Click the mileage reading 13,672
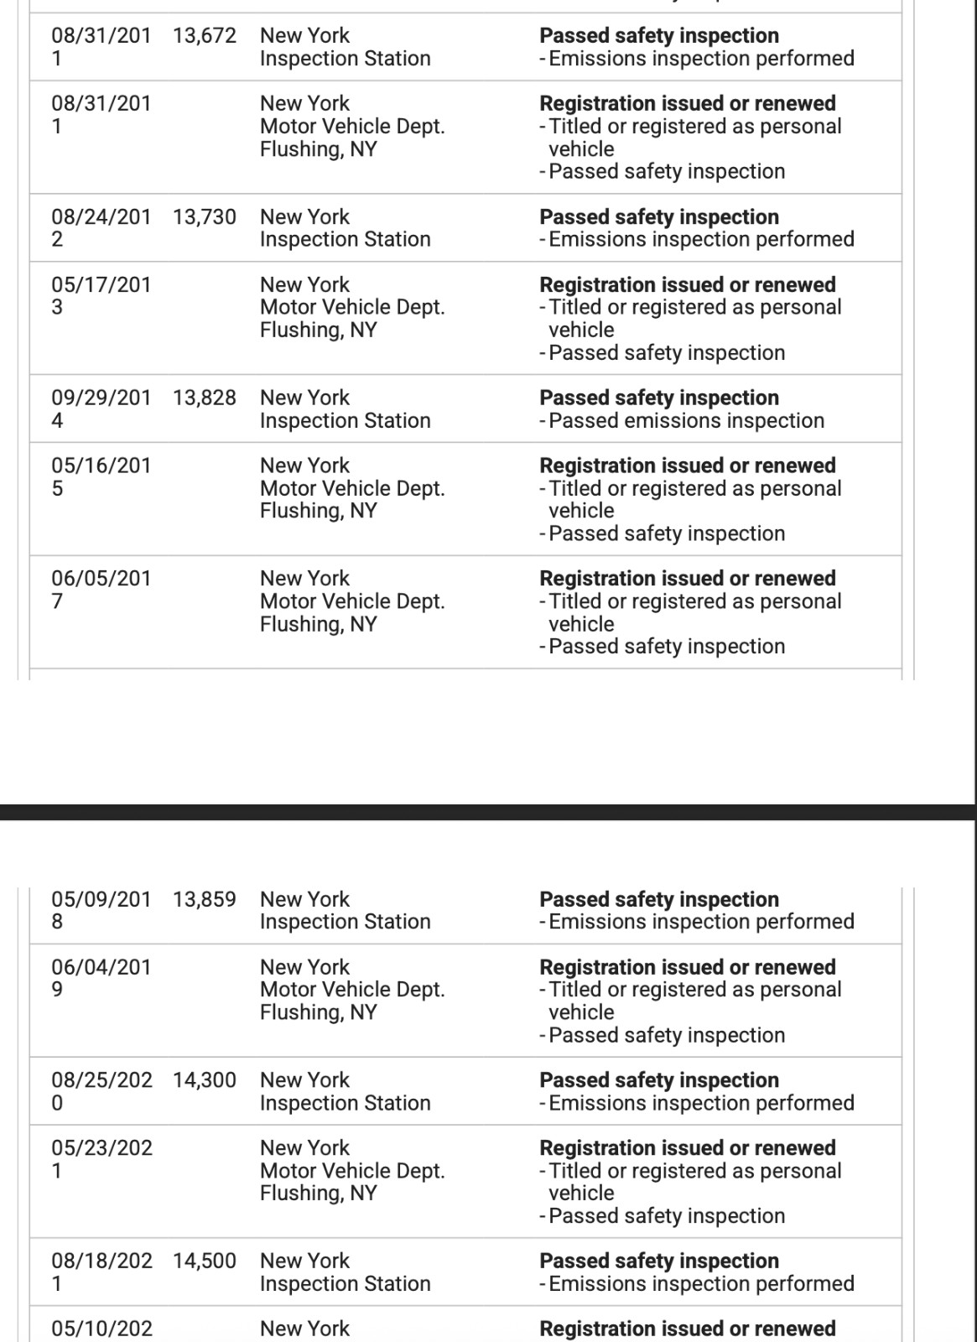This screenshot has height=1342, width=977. click(205, 36)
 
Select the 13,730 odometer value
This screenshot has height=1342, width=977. click(205, 217)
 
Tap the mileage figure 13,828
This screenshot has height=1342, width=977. click(205, 398)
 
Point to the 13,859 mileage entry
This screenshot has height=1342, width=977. click(205, 900)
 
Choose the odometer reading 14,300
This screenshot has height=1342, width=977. click(205, 1080)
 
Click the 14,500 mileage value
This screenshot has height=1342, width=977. click(205, 1261)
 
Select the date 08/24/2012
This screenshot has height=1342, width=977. click(101, 228)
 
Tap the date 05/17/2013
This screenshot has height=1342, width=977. click(101, 296)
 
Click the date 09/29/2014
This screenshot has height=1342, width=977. click(101, 409)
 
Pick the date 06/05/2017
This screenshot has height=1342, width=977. click(101, 590)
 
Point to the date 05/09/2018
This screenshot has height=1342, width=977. click(101, 910)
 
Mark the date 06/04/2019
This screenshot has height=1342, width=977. click(101, 978)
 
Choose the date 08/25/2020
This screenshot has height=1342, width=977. click(101, 1091)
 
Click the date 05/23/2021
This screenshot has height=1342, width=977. click(101, 1159)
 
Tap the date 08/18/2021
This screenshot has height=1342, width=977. click(101, 1272)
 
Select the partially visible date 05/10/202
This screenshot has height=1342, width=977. click(101, 1329)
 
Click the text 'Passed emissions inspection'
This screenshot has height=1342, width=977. click(686, 421)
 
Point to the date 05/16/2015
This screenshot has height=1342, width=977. click(101, 477)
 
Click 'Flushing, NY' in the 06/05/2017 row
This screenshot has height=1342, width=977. click(318, 625)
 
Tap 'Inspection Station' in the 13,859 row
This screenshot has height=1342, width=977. click(345, 923)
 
